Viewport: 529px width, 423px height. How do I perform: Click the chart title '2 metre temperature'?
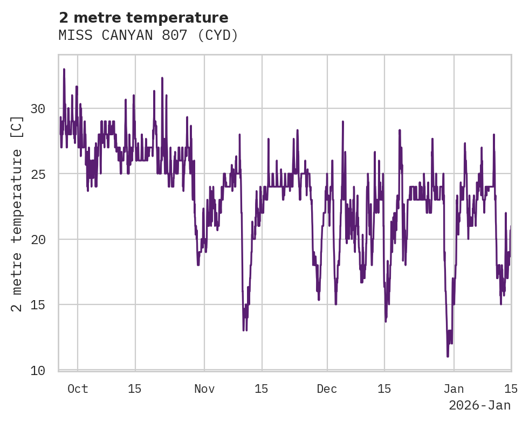click(x=143, y=18)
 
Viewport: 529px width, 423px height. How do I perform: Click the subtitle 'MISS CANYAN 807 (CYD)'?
click(x=148, y=36)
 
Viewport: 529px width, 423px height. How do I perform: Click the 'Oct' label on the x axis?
click(x=78, y=389)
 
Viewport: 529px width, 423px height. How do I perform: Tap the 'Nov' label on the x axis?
click(x=204, y=389)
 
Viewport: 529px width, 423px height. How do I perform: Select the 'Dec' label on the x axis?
click(x=327, y=389)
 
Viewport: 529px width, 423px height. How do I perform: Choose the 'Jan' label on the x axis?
click(x=454, y=389)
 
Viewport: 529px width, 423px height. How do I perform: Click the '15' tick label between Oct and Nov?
click(x=135, y=389)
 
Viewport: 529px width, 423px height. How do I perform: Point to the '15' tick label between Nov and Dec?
click(x=262, y=389)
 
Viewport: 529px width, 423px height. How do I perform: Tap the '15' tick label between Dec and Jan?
click(x=384, y=389)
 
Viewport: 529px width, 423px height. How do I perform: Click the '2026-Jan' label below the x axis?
click(x=479, y=405)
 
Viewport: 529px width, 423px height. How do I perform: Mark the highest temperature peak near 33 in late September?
click(x=64, y=70)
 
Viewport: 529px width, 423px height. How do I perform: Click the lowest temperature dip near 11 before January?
click(x=448, y=356)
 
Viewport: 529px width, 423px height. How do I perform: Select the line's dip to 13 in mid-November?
click(x=244, y=330)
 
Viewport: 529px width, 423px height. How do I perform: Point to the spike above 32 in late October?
click(x=162, y=78)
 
